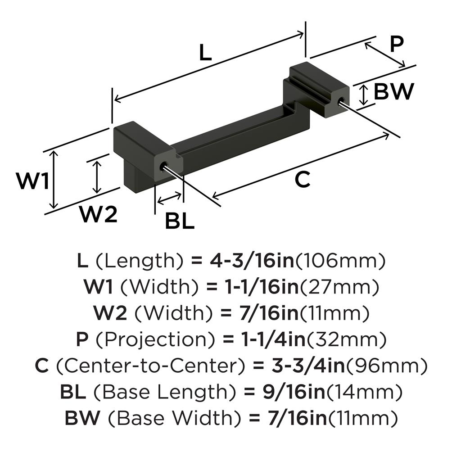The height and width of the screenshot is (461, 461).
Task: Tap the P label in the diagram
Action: (x=397, y=44)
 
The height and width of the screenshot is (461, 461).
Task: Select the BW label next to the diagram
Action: (x=393, y=92)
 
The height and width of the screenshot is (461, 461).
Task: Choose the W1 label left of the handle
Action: (x=32, y=181)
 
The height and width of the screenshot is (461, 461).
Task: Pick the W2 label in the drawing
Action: (x=99, y=214)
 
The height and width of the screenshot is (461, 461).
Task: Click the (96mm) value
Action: (x=386, y=366)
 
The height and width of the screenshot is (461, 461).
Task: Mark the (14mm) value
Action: (x=364, y=392)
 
